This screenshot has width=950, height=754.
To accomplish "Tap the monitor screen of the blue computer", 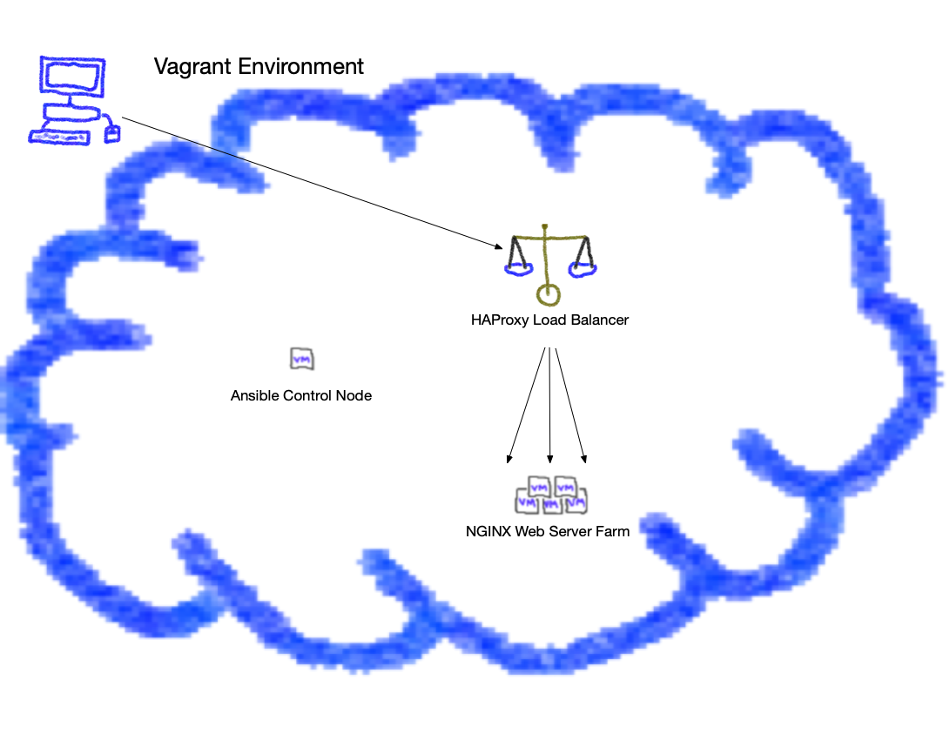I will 72,77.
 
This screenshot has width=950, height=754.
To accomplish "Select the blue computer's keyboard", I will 59,137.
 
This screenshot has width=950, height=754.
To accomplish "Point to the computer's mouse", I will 111,133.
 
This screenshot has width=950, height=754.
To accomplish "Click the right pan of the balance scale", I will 582,269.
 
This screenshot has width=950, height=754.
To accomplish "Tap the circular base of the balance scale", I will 548,295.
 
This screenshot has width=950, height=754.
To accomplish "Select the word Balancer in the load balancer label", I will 599,320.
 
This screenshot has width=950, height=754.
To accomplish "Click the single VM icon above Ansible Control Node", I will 301,360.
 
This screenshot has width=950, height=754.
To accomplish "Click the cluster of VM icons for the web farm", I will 551,495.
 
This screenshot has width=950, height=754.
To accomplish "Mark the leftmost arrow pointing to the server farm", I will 526,405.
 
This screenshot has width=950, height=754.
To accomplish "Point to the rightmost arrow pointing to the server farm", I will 570,405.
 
